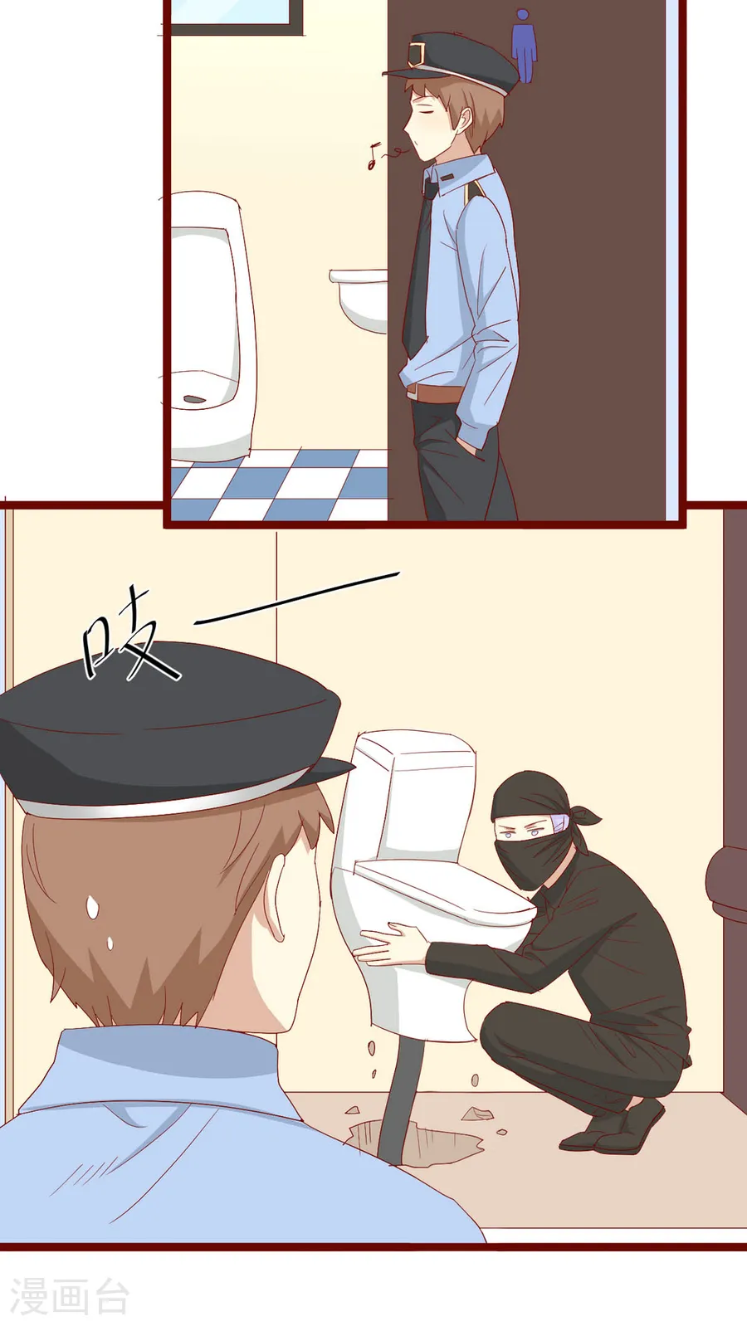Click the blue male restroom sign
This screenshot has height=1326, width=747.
click(x=523, y=46)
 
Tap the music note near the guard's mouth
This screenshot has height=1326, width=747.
click(x=373, y=157)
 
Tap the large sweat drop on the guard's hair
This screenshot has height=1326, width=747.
click(x=92, y=906)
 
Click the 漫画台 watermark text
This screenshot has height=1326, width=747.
click(x=71, y=1296)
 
